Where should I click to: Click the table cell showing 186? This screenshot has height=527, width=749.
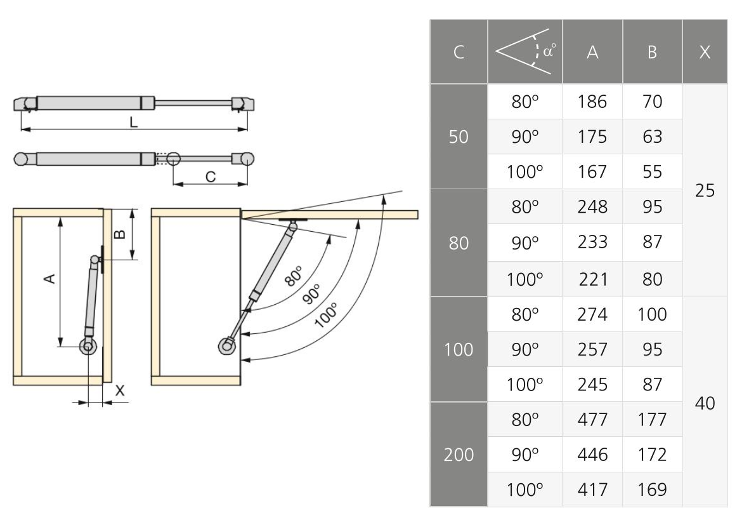592,102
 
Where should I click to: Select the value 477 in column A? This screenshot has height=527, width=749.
592,420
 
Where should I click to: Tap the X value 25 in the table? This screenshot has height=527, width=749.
705,190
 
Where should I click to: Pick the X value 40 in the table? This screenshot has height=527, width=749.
705,403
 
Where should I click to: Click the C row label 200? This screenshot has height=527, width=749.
459,455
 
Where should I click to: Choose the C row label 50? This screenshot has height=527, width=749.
459,137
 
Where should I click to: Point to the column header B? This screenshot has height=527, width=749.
652,53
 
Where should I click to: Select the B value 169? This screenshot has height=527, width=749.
652,490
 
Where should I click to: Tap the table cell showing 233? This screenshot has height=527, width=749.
592,242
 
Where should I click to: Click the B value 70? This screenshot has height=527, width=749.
652,102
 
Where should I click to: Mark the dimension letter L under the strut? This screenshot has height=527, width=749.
133,123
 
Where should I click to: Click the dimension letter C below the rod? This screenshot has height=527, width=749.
210,177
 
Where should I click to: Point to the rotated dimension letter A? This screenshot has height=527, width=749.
51,279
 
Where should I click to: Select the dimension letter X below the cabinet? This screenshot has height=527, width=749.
119,392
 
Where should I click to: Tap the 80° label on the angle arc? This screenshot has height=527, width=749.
293,277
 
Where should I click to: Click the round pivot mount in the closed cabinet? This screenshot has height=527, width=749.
88,347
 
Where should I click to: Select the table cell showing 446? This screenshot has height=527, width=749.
592,455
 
